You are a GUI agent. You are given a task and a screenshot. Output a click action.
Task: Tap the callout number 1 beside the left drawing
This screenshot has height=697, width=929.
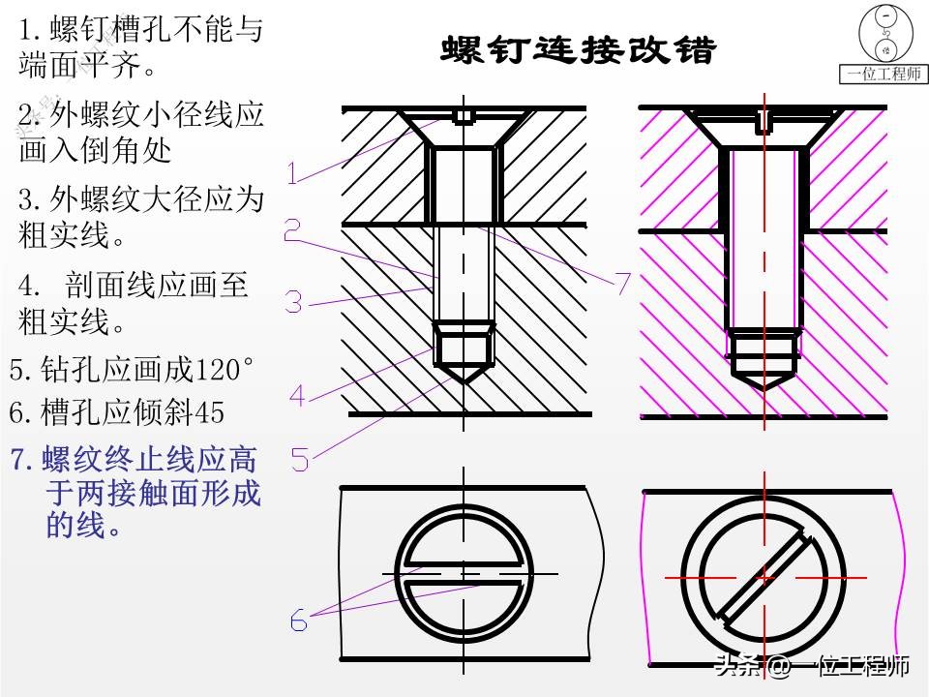tap(293, 173)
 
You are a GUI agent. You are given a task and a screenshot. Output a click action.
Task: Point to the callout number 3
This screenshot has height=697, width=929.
tap(293, 301)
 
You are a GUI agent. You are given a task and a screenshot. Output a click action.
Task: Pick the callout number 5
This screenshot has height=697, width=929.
tap(300, 459)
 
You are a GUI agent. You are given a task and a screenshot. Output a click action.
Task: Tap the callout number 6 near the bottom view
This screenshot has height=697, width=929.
tap(299, 621)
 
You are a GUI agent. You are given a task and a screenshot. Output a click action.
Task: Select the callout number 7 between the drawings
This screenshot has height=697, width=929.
tap(622, 283)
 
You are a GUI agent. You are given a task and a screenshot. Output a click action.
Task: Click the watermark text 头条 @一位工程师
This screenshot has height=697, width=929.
tap(811, 667)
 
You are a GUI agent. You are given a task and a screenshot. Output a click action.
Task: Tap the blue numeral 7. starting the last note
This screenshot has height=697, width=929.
tap(22, 459)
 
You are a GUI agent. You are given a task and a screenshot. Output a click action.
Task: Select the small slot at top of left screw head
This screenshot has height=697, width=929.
tap(464, 117)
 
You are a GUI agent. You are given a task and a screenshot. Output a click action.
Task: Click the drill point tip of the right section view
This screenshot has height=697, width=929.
tap(764, 389)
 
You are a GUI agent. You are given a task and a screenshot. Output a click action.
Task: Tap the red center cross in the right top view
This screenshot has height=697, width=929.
tap(764, 577)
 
